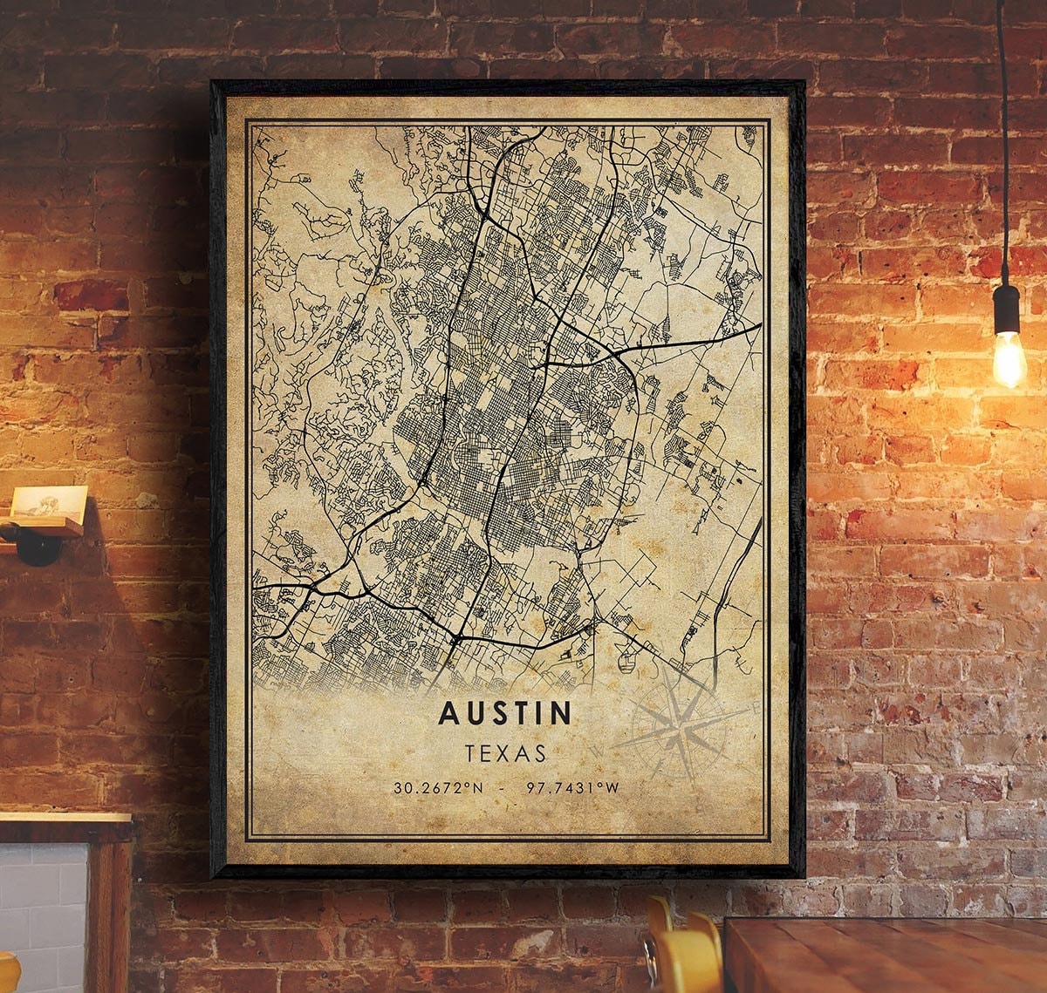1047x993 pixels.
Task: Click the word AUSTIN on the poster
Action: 506,713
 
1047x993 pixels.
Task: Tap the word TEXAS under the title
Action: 506,752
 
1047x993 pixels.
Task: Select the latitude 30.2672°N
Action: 438,788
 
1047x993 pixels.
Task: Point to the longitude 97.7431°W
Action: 573,788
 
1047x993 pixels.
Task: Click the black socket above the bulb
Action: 1006,307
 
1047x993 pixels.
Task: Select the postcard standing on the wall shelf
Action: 49,503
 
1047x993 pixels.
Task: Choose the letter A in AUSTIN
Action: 448,713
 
